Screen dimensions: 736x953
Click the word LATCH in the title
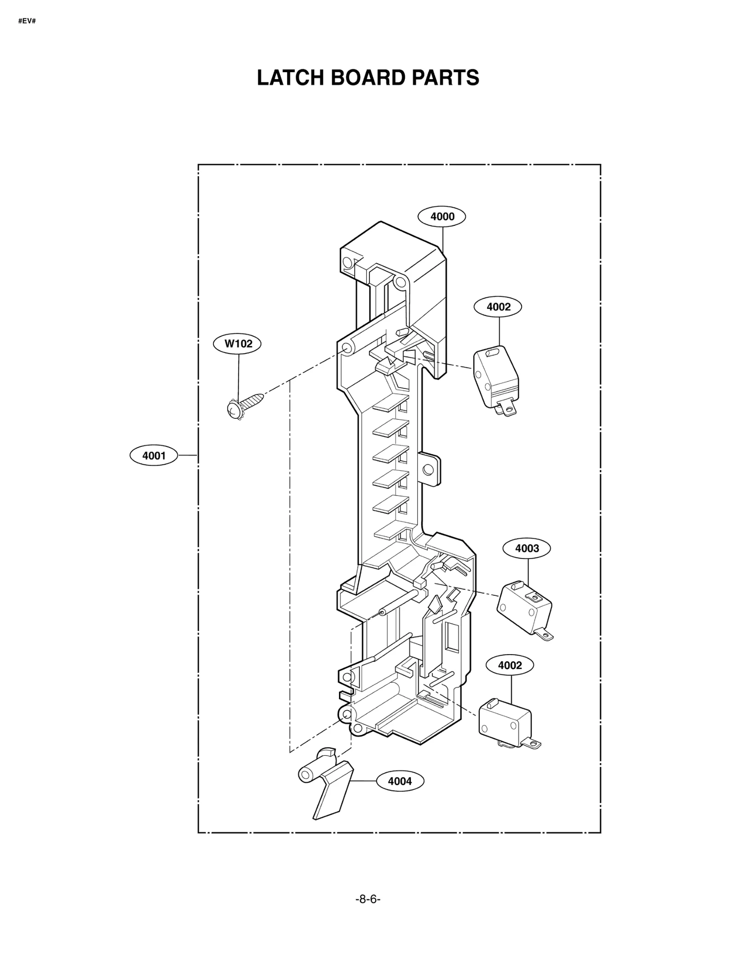(291, 78)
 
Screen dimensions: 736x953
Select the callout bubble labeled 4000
(442, 217)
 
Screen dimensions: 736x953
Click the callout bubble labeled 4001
(154, 456)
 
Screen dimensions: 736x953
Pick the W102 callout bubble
(237, 343)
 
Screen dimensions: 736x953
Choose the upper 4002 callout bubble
(498, 307)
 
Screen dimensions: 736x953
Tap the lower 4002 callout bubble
(510, 665)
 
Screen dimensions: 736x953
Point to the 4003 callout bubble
(527, 548)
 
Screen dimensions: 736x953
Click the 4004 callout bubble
(400, 781)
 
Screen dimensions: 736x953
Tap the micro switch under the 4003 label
(525, 607)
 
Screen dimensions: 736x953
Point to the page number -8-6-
(368, 912)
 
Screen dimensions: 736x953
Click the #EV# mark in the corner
(27, 21)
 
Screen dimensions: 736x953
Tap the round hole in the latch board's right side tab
(428, 469)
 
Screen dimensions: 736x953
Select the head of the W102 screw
(235, 409)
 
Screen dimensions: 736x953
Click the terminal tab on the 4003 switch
(545, 636)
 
